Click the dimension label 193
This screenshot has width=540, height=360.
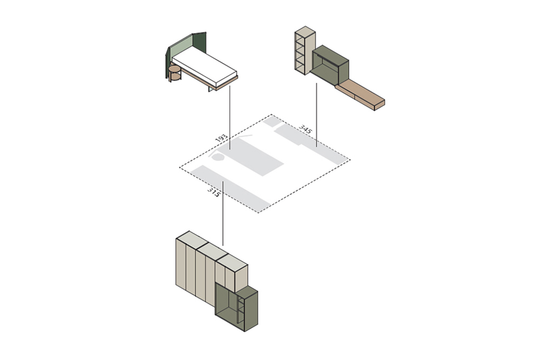point(222,139)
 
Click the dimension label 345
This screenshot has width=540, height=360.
point(305,129)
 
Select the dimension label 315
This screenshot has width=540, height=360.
point(214,192)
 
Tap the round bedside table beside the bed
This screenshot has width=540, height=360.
point(175,73)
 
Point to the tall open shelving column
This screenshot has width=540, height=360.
point(305,50)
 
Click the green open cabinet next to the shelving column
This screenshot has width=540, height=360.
point(330,66)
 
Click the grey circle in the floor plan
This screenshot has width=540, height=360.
point(218,158)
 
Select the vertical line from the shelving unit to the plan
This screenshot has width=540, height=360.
point(317,115)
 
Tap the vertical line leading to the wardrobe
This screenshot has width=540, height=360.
point(223,214)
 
